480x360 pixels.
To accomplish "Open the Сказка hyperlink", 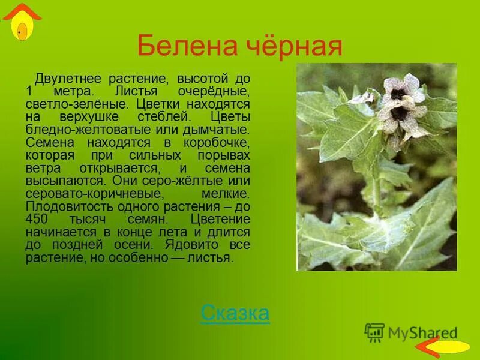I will coord(235,313).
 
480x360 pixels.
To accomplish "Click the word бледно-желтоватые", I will coord(77,130).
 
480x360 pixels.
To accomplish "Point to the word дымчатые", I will coord(218,130).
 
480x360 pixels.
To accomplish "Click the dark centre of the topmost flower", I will coord(397,93).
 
